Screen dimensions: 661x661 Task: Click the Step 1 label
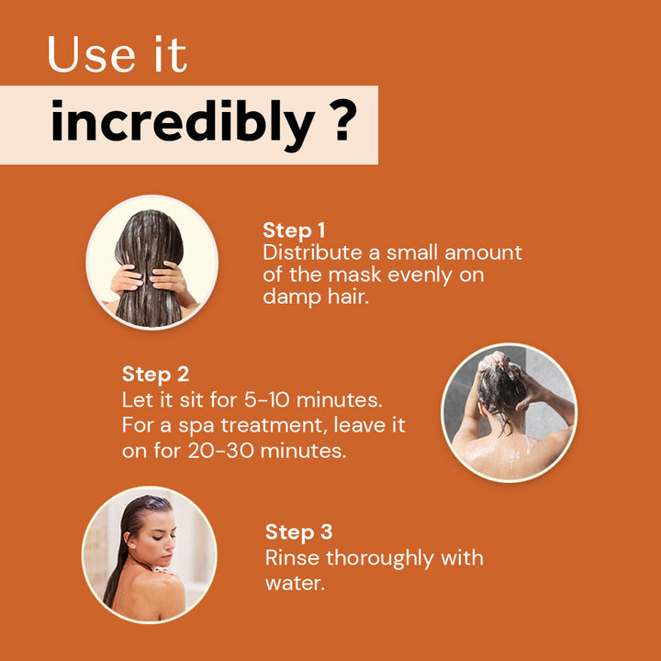(294, 230)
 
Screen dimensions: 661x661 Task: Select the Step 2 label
(155, 375)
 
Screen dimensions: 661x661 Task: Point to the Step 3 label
(299, 532)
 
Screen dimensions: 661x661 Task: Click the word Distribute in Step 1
(312, 252)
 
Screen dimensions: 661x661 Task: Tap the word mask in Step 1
(354, 274)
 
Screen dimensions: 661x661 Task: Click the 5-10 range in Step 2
(267, 399)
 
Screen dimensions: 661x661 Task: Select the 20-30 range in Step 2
(221, 451)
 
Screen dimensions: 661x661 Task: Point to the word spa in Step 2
(196, 426)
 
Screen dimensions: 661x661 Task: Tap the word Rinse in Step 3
(292, 558)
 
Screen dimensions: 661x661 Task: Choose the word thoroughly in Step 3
(380, 559)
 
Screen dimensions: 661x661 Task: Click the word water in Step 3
(295, 584)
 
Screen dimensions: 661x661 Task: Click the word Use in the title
(92, 54)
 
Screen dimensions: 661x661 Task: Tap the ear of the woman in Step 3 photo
(128, 537)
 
